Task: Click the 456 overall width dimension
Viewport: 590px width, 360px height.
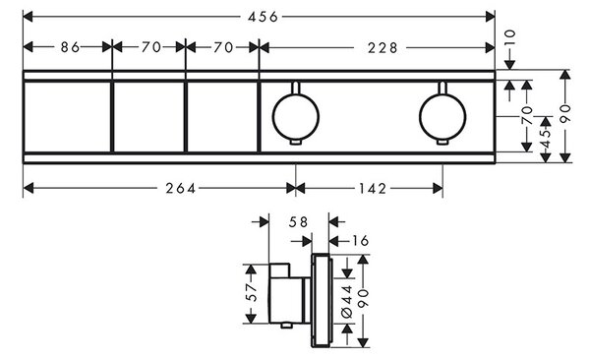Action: pos(263,17)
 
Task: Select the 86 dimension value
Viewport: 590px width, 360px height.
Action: pos(71,47)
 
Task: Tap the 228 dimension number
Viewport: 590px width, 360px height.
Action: pos(383,48)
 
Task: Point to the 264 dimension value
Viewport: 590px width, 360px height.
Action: pos(181,188)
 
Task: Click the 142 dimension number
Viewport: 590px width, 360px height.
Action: pos(372,188)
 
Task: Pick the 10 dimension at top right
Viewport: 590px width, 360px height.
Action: pos(508,38)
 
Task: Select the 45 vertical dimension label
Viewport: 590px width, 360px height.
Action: pos(545,139)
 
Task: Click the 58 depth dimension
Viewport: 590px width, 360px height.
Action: pos(298,222)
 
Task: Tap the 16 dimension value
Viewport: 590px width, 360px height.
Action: pos(359,241)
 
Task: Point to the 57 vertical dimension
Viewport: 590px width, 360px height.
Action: pos(252,292)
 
